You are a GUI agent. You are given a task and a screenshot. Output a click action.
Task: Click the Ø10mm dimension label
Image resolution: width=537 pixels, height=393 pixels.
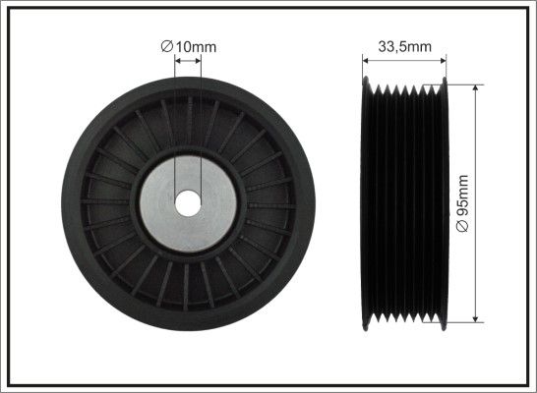point(189,46)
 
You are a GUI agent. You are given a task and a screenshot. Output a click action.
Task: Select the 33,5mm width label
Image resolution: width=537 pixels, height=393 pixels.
point(405,46)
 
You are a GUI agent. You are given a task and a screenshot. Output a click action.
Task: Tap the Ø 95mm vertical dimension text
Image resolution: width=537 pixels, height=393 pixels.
point(462,203)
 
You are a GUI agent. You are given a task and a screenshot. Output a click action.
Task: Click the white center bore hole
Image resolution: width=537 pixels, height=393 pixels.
point(188,203)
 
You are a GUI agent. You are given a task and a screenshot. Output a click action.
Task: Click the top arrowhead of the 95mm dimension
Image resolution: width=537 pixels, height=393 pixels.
point(475,87)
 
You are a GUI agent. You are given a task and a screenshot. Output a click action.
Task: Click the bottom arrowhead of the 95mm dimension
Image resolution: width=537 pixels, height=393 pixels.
point(475,318)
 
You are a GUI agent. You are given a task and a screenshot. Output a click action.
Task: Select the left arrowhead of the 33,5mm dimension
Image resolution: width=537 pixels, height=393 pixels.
point(366,61)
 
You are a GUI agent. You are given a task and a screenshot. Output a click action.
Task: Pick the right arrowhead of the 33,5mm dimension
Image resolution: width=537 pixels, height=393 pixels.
point(444,61)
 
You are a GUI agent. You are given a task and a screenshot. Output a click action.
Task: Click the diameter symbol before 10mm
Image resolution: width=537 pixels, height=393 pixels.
point(166,46)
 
